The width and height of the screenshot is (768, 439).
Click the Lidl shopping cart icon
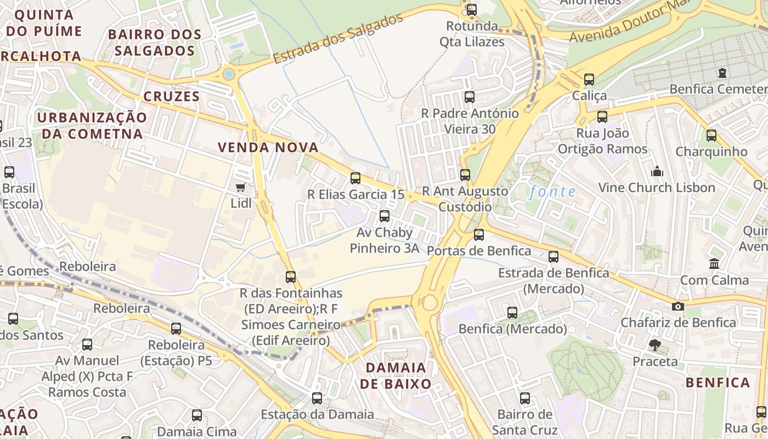coord(240,188)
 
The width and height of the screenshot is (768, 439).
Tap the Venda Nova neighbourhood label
coord(268,147)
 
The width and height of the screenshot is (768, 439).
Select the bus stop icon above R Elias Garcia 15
coord(355,178)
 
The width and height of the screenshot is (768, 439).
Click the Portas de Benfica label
coord(478,251)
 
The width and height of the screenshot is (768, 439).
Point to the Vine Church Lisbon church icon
coord(657,172)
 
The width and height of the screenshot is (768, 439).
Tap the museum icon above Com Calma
coord(714,264)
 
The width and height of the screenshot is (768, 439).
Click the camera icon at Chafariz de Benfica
coord(678,306)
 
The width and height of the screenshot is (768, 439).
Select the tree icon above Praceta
coord(654,345)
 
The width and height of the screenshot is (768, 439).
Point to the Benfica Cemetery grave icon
coord(722,73)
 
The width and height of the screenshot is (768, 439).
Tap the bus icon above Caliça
coord(589,80)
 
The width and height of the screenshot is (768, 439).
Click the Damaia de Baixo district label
coord(395,375)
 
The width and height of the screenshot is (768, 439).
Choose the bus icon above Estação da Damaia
coord(317,398)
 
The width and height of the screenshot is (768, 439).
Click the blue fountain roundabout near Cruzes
coord(229,74)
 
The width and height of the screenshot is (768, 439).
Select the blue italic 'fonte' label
coord(552,192)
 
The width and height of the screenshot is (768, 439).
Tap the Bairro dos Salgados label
coord(155,42)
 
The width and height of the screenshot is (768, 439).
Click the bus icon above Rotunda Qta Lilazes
coord(471,9)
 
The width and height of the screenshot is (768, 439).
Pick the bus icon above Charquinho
coord(711,136)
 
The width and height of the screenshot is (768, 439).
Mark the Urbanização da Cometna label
coord(92,126)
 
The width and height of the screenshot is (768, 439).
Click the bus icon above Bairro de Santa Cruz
coord(525,398)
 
